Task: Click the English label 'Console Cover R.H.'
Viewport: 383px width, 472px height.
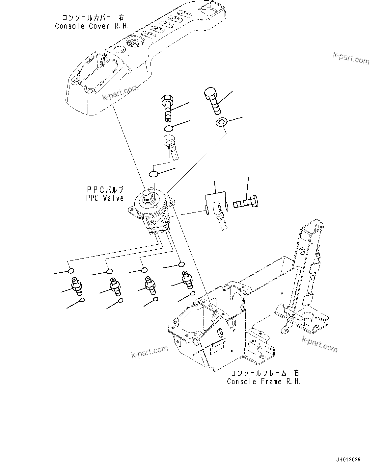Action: (x=91, y=26)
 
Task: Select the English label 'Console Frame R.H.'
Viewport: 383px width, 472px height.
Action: (x=263, y=381)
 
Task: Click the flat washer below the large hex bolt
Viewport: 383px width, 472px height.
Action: (x=221, y=123)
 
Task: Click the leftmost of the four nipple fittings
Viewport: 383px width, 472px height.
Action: (x=76, y=285)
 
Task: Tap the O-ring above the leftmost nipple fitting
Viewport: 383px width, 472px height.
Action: (x=70, y=271)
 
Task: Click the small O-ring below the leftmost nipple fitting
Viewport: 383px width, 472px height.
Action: (x=82, y=300)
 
